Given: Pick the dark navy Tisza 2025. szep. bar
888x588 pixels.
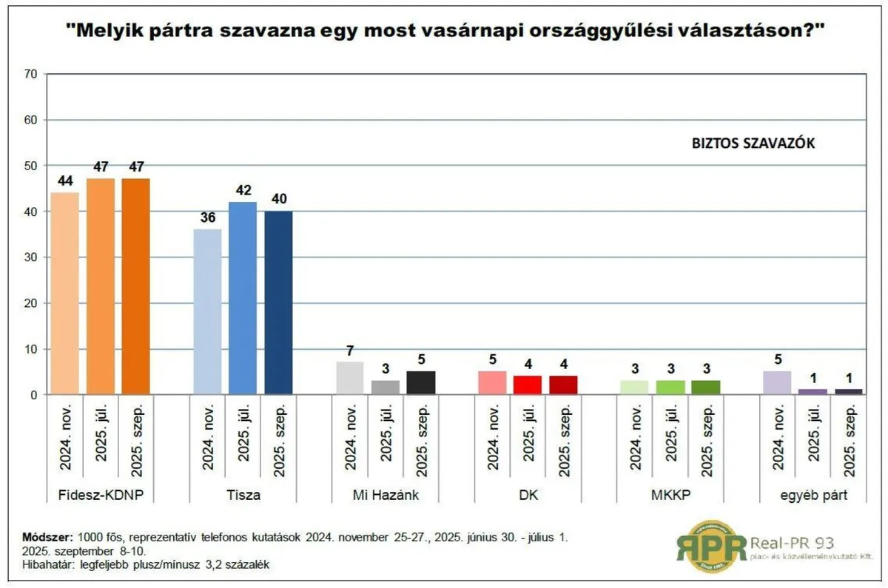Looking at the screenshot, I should (x=278, y=303).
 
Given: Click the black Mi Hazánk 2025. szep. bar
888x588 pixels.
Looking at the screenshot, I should (x=421, y=383).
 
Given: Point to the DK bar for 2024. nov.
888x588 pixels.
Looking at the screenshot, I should (x=493, y=383).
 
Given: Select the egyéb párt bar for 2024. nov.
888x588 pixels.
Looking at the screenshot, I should (x=777, y=383).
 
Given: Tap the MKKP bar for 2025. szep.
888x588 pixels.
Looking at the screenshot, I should (x=706, y=388).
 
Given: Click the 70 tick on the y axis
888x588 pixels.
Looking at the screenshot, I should (x=31, y=74).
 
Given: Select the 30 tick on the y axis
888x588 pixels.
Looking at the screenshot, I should (x=31, y=257).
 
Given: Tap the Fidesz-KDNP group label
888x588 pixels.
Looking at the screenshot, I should (x=100, y=495).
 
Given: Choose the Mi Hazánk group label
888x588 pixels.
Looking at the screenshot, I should (x=386, y=495).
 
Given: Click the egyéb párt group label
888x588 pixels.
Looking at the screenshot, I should (x=812, y=495).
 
